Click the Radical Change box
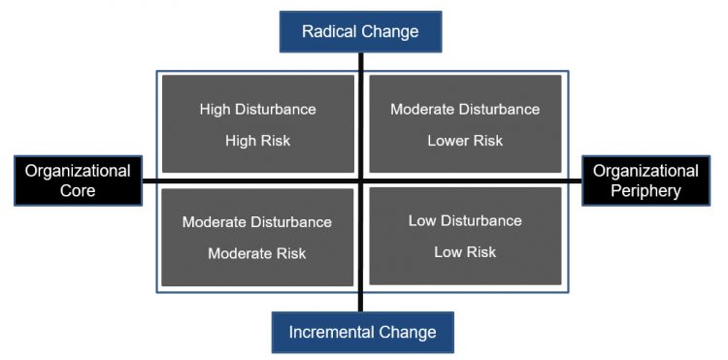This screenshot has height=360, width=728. pyautogui.click(x=360, y=31)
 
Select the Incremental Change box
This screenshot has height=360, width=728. pyautogui.click(x=362, y=332)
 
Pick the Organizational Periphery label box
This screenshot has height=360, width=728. pyautogui.click(x=645, y=180)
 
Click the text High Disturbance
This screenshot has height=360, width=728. pyautogui.click(x=257, y=110)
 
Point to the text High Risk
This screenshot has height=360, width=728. pyautogui.click(x=257, y=141)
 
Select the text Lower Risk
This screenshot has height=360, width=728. pyautogui.click(x=465, y=141)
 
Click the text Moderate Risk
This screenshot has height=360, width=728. pyautogui.click(x=257, y=253)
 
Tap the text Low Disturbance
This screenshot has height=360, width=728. pyautogui.click(x=465, y=220)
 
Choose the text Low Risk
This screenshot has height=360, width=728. pyautogui.click(x=465, y=252)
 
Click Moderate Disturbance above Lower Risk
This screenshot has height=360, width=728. pyautogui.click(x=465, y=110)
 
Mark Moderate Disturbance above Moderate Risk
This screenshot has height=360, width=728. pyautogui.click(x=257, y=222)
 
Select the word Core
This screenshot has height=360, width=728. pyautogui.click(x=78, y=190)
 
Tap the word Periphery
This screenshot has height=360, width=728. pyautogui.click(x=645, y=190)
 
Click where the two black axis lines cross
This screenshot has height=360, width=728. pyautogui.click(x=361, y=180)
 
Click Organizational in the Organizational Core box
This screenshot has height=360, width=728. pyautogui.click(x=78, y=171)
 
